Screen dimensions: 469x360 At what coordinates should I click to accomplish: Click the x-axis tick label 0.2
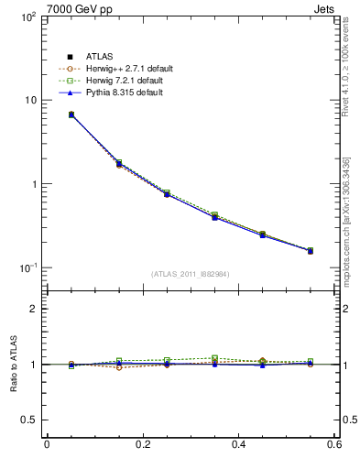pos(143,444)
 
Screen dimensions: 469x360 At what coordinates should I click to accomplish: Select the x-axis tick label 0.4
pos(239,444)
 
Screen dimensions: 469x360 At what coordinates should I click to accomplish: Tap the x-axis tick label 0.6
pos(334,444)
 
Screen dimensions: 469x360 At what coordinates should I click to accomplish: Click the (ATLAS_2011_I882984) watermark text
pos(191,273)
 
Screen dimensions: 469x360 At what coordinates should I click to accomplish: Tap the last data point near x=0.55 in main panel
pos(310,250)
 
